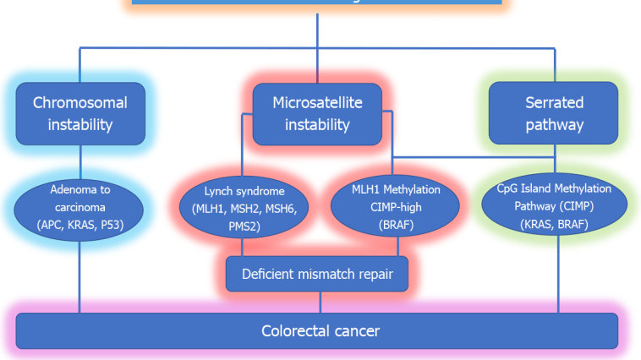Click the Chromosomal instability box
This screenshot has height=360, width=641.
(x=80, y=114)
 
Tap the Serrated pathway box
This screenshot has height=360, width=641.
(x=554, y=114)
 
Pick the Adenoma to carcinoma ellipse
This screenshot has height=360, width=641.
(x=80, y=207)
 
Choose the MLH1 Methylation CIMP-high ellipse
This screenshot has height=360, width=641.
(x=396, y=207)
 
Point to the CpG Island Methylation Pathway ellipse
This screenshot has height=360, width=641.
(x=554, y=207)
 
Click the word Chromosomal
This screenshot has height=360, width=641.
(x=80, y=103)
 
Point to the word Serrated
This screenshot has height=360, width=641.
(x=554, y=103)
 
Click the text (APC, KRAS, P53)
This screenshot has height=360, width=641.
(x=80, y=225)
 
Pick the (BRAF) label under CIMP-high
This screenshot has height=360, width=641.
(x=396, y=225)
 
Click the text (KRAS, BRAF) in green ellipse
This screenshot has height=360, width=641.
(x=554, y=225)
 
